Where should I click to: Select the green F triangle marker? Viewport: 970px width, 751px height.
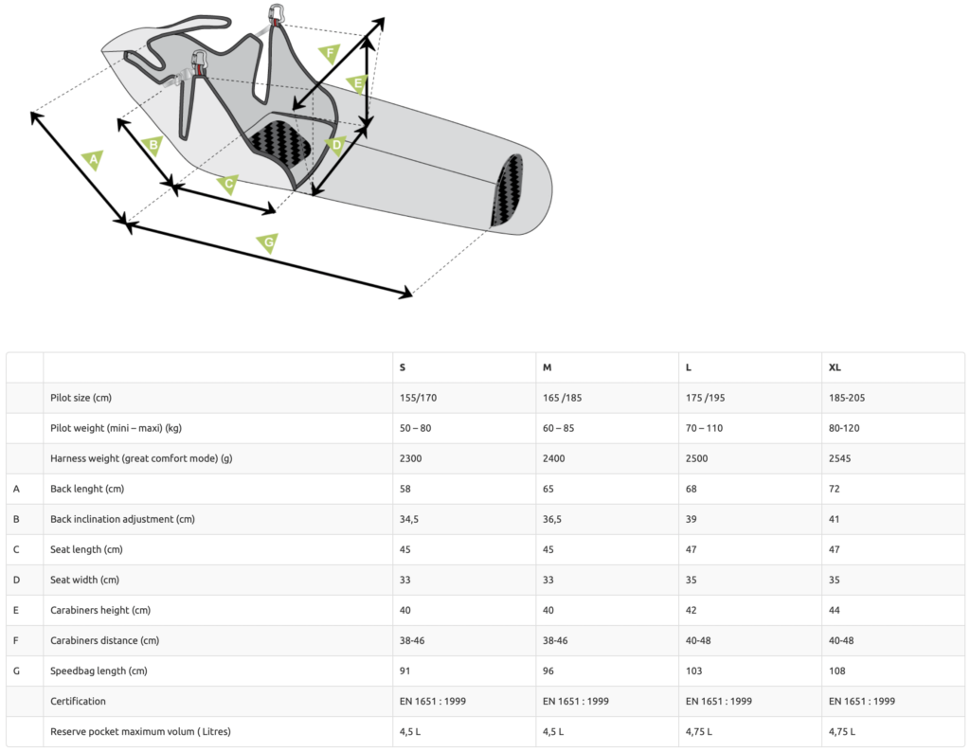(x=329, y=53)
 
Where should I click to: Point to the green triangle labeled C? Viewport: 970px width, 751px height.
(x=227, y=184)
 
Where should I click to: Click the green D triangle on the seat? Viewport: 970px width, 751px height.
(x=334, y=145)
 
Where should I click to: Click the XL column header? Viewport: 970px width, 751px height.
(x=835, y=367)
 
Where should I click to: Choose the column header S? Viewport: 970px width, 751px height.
(x=403, y=367)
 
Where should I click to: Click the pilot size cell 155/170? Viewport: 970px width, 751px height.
(x=418, y=398)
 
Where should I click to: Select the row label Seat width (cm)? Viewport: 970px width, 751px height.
(x=85, y=580)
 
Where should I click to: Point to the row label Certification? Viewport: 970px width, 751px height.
(x=78, y=701)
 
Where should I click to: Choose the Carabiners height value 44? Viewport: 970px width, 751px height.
(x=835, y=610)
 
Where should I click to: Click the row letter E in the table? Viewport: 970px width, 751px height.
(x=16, y=610)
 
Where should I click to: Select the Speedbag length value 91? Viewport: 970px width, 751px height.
(x=405, y=671)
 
